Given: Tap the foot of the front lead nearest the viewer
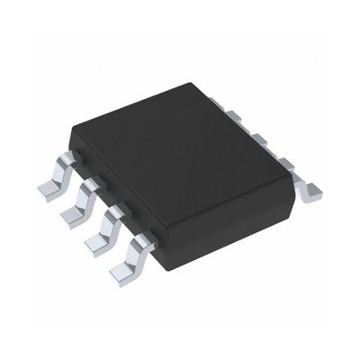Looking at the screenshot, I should point(122,270).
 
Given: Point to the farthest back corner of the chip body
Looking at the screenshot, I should point(193,83).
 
